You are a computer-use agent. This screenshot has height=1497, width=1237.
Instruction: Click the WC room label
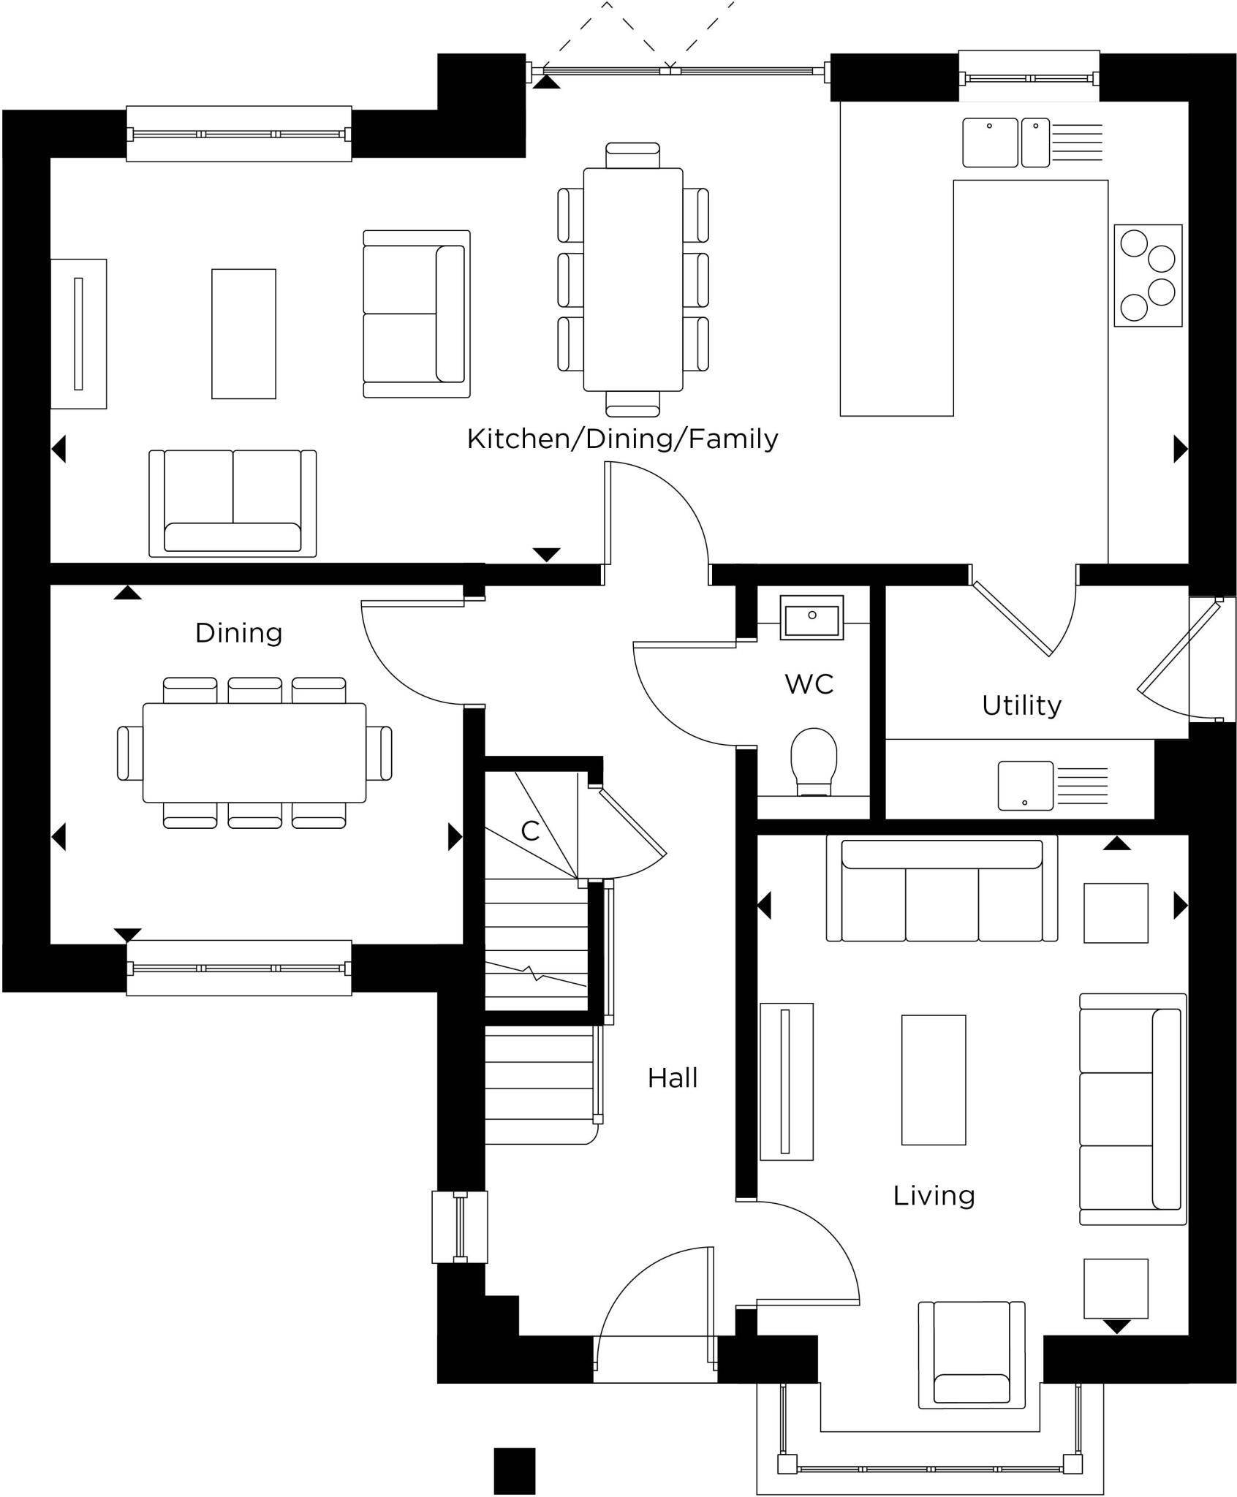coord(809,684)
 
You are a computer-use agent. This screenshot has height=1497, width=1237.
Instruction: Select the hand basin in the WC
coord(812,618)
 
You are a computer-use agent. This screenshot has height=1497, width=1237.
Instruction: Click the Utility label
coord(1021,705)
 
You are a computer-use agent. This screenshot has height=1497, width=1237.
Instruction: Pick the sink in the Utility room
coord(1026,786)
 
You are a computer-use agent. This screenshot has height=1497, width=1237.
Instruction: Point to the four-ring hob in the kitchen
coord(1148,276)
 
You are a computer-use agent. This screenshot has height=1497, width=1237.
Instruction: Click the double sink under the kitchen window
coord(1005,143)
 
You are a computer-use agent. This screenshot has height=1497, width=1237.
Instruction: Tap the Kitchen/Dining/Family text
coord(622,439)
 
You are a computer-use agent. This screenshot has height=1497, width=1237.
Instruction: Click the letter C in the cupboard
coord(530,831)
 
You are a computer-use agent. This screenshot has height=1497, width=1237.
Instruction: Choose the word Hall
coord(673,1078)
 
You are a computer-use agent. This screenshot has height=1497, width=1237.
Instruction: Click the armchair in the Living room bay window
coord(972,1354)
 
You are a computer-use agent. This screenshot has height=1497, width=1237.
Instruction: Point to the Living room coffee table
coord(934,1080)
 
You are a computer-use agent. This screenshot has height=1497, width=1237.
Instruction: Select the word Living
coord(934,1196)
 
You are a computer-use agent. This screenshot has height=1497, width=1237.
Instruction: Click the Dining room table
coord(254,753)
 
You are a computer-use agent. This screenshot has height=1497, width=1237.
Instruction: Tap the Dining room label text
coord(239,633)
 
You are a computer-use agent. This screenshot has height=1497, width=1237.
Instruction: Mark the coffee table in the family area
coord(243,334)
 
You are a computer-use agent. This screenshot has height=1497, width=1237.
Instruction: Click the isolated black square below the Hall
coord(514,1471)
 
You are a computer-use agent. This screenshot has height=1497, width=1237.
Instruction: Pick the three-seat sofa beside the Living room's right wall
coord(1132,1109)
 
